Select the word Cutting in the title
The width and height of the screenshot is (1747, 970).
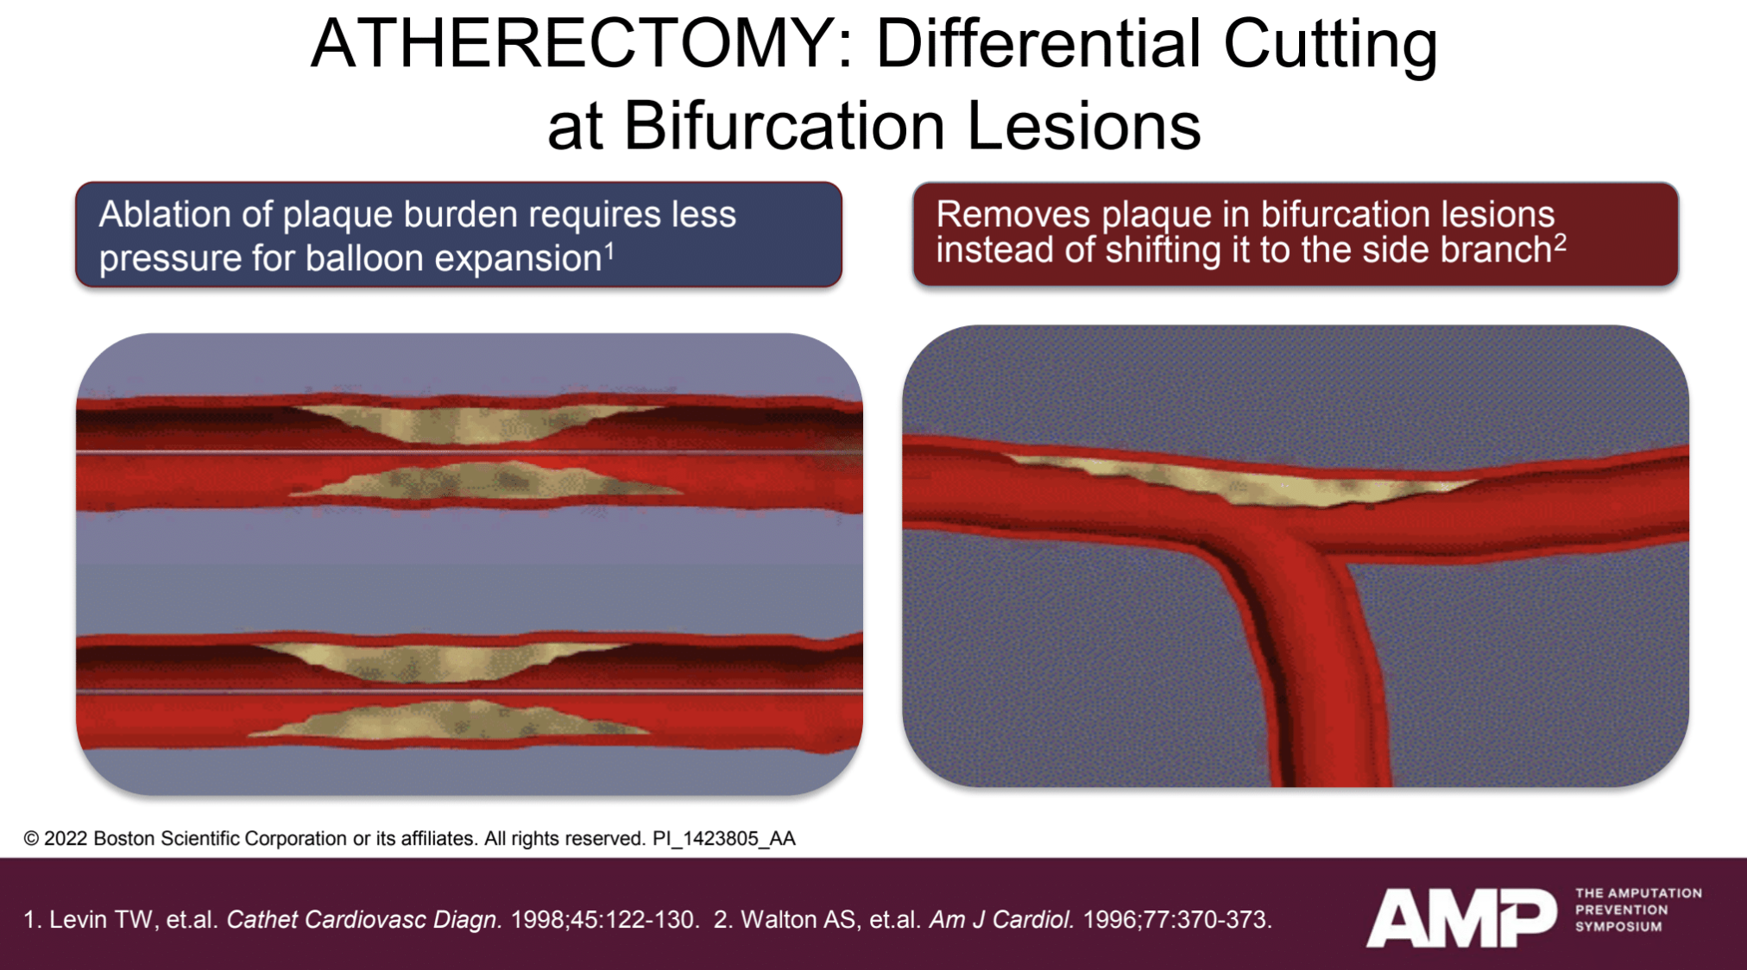click(1330, 45)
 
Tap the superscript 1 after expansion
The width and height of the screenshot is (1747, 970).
click(609, 251)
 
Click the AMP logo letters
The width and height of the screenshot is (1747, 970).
click(1461, 917)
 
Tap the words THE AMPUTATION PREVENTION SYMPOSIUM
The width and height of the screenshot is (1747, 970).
click(1638, 910)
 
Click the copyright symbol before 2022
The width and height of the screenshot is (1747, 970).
click(31, 839)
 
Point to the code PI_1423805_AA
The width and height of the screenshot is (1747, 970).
click(723, 839)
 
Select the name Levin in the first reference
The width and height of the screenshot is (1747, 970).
click(78, 919)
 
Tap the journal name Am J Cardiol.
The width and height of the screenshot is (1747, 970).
click(1001, 920)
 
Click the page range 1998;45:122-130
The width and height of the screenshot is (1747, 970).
click(604, 919)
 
